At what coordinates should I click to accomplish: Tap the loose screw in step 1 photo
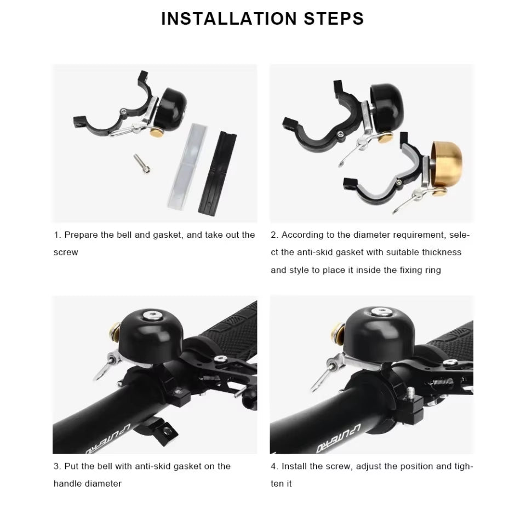point(141,163)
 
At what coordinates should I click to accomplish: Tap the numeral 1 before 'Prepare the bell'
point(56,235)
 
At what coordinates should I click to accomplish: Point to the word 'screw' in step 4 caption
point(344,466)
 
